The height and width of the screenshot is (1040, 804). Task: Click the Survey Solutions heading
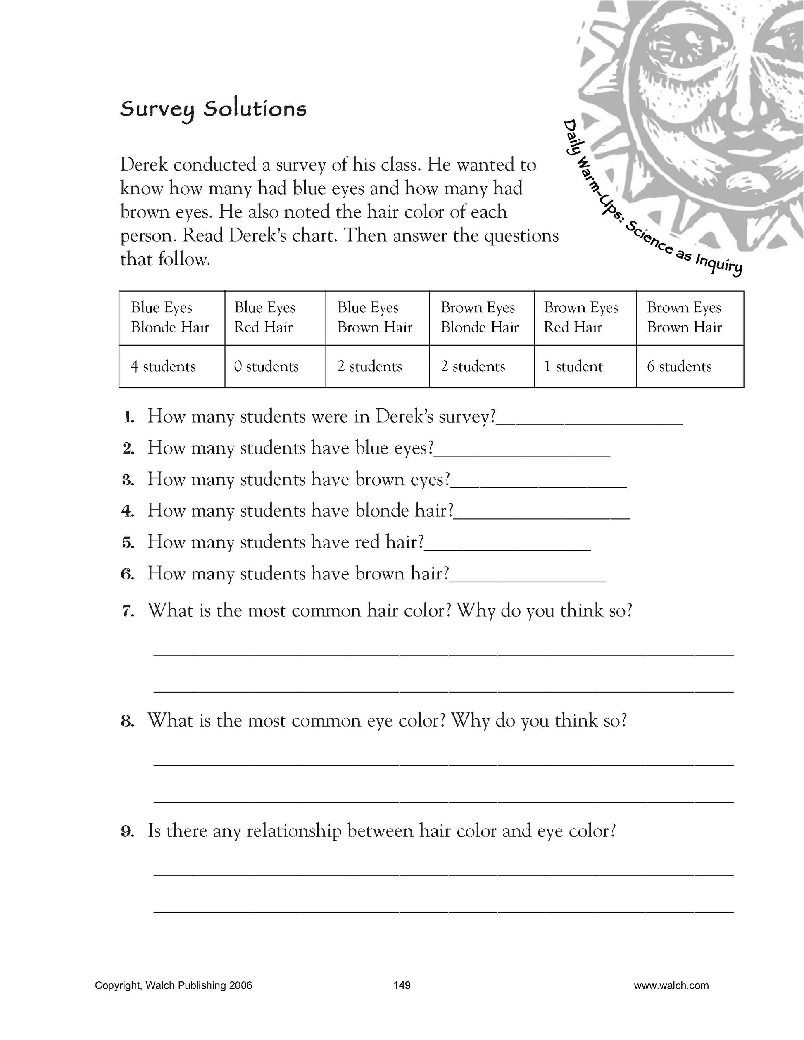coord(213,109)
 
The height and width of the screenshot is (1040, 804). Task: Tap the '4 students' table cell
coord(163,366)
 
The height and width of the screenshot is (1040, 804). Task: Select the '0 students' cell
coord(266,366)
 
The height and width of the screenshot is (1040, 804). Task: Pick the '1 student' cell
coord(573,366)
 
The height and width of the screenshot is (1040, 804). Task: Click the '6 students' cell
coord(679,366)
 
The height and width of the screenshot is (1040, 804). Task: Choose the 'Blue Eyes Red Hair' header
coord(264,317)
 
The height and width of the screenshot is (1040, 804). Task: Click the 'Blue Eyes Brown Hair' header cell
coord(374,317)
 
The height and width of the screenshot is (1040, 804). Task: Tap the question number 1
coord(128,418)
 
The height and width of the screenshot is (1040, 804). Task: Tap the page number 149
coord(402,985)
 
